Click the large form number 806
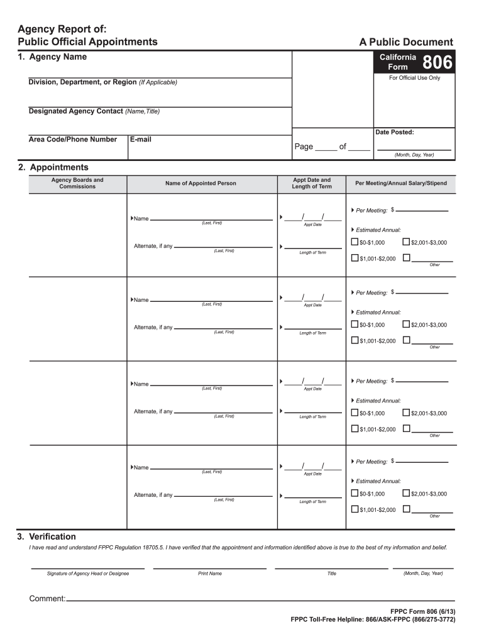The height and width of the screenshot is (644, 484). pos(436,62)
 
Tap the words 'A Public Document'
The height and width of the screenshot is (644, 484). pos(405,42)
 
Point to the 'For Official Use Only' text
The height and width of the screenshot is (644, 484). pos(415,78)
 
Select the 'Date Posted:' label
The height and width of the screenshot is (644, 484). pos(394,133)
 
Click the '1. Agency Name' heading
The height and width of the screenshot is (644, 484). pos(52,57)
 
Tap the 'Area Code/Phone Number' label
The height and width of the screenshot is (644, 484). pos(72,140)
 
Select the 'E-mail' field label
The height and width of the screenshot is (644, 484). pos(141,140)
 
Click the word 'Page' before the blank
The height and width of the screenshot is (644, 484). pos(304,147)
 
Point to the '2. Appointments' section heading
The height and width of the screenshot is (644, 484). pos(53,167)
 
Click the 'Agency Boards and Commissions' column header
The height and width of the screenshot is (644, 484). pos(77,183)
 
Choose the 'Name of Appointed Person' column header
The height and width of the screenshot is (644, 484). pos(201,184)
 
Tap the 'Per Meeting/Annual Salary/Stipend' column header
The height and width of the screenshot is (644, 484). pos(401,184)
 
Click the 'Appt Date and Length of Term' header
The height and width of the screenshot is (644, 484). pos(312,183)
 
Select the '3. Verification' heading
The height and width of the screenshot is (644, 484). pos(47,536)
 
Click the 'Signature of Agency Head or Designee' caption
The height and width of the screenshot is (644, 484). pos(87,574)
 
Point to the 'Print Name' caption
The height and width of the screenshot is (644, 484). pos(209,574)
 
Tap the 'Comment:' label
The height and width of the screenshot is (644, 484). pos(47,599)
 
